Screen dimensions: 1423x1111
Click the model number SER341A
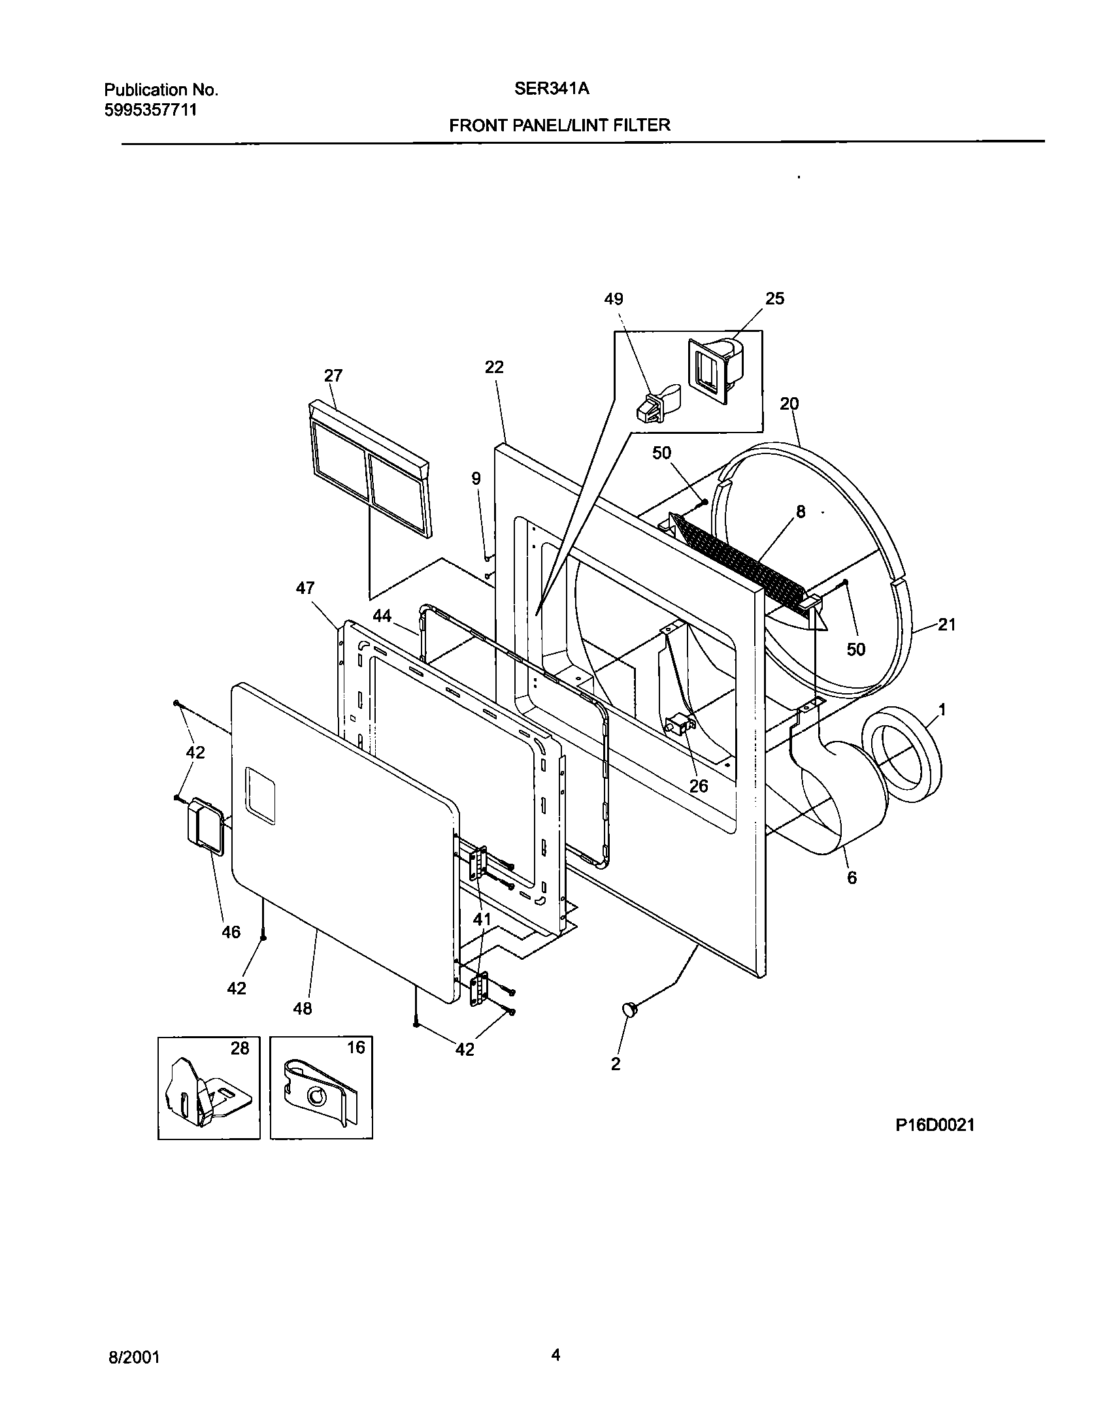point(552,89)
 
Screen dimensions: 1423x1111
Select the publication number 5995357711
point(150,110)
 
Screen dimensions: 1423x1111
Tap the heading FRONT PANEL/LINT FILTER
point(559,125)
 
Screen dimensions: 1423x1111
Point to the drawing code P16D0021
point(935,1124)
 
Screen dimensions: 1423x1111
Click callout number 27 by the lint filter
point(333,376)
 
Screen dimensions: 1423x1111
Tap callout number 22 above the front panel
point(494,367)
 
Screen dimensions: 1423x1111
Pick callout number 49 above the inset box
point(613,299)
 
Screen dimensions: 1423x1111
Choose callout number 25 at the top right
point(774,299)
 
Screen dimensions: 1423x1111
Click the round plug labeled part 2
point(631,1009)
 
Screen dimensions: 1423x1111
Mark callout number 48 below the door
point(303,1009)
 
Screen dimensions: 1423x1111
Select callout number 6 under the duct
point(852,877)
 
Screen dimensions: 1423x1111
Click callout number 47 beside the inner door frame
point(305,589)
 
